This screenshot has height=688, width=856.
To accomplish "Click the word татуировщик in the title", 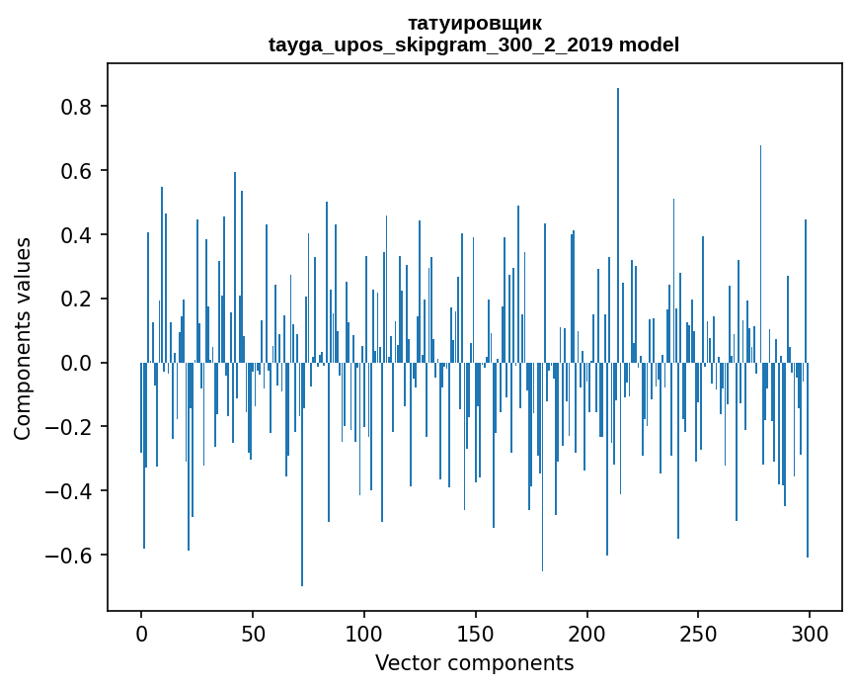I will click(x=474, y=23).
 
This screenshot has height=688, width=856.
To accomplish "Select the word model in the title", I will click(x=649, y=44).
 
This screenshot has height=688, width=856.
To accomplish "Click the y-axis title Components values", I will click(x=23, y=337).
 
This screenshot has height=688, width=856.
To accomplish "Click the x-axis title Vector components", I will click(x=474, y=662).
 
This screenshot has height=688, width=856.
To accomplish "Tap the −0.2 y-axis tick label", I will click(x=72, y=428).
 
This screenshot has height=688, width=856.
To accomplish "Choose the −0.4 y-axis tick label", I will click(x=72, y=491).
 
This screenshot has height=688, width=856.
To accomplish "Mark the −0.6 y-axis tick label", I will click(x=72, y=556).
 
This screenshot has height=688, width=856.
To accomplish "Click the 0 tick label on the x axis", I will click(x=141, y=633).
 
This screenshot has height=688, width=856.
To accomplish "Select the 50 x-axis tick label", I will click(x=253, y=633).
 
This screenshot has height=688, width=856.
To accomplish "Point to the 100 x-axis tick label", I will click(x=364, y=633).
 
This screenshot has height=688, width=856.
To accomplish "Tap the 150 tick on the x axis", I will click(x=476, y=633).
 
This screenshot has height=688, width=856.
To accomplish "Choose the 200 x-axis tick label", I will click(x=587, y=633).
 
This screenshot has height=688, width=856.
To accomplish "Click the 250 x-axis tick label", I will click(x=699, y=633).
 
